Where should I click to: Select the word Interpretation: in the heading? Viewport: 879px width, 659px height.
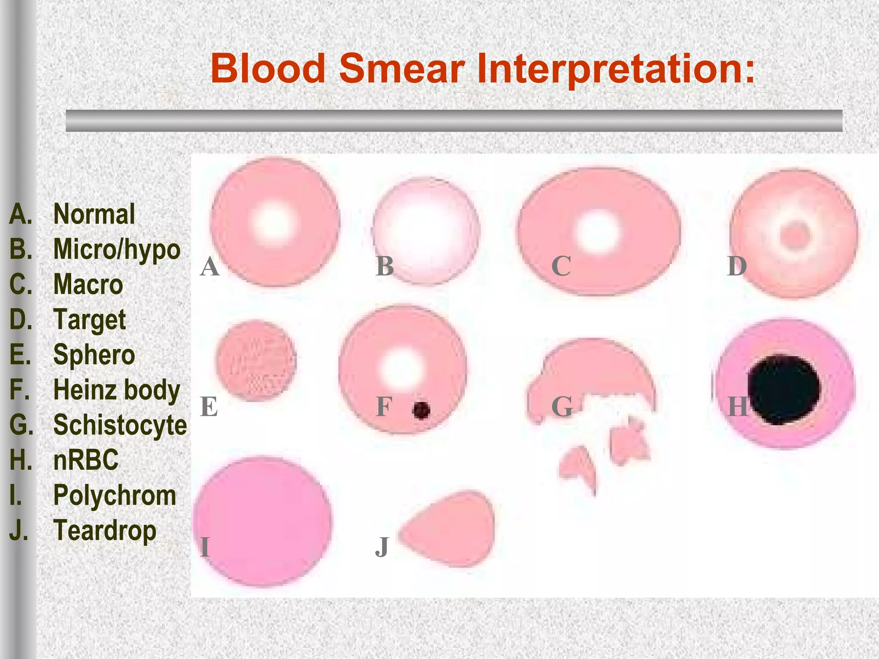615,70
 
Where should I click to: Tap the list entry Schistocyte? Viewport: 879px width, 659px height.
120,425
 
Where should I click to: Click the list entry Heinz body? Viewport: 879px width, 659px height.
116,390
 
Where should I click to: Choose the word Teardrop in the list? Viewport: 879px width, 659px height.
104,530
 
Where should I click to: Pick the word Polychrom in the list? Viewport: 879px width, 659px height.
114,495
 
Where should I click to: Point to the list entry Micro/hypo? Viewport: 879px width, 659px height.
116,250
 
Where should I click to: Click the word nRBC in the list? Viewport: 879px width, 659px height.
85,460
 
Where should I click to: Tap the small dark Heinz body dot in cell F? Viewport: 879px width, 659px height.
421,410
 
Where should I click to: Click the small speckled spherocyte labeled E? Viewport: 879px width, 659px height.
256,360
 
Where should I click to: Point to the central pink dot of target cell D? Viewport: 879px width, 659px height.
795,235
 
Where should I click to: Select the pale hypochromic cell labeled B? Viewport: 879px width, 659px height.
426,231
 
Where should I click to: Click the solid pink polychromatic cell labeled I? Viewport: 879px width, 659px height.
263,521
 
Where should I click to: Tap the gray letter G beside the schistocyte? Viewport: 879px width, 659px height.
562,407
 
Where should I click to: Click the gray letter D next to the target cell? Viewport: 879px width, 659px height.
737,266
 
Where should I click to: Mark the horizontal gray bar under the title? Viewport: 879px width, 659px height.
454,121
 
